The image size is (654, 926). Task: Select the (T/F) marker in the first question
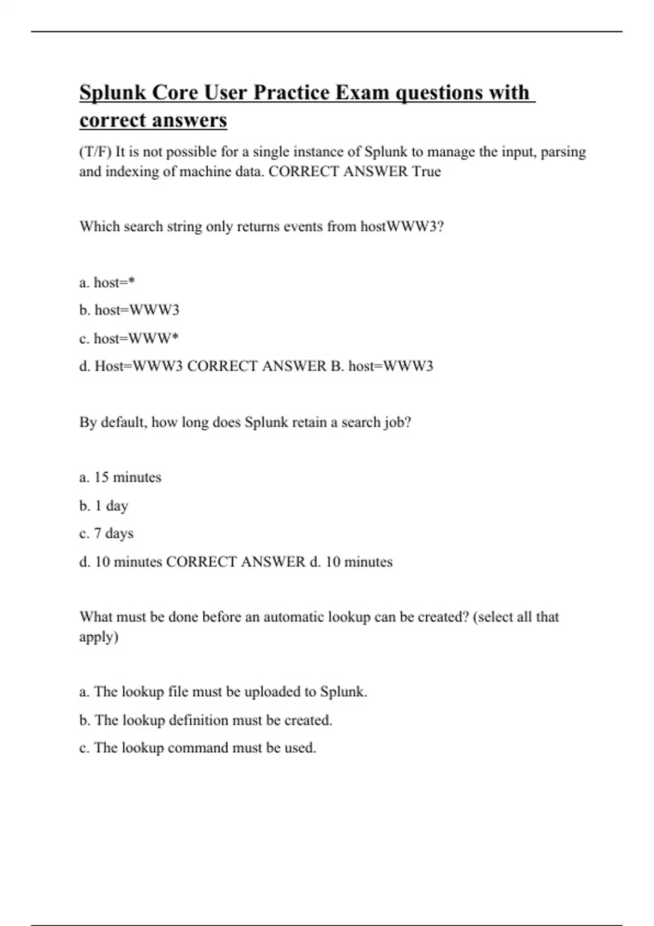[x=95, y=152]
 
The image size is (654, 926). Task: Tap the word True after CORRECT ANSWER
[x=426, y=172]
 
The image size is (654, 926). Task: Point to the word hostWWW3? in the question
[x=402, y=227]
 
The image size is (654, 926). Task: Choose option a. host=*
[x=107, y=283]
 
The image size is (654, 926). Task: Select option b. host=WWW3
[x=129, y=310]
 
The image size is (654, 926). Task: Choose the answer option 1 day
[x=111, y=506]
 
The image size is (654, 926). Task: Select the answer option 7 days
[x=113, y=533]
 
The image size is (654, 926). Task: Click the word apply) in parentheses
[x=99, y=637]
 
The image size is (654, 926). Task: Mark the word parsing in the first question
[x=563, y=152]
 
